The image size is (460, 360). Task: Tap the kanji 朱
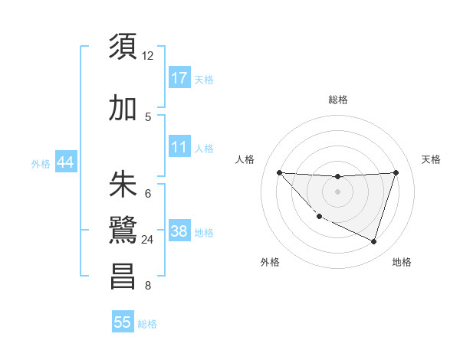123,186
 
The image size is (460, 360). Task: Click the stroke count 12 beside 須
148,56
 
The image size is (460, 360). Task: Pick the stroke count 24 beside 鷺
148,240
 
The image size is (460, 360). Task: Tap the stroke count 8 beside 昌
148,286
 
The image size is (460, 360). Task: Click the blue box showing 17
179,77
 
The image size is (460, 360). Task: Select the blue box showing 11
179,146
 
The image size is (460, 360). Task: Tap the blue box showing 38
179,231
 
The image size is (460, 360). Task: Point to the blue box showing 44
66,163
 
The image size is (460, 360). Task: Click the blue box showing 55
123,322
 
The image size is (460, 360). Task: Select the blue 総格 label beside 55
147,324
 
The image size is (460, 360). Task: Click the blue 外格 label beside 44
41,164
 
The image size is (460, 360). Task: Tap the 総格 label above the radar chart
337,100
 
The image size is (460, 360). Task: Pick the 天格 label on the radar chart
432,159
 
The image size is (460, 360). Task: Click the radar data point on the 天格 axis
396,172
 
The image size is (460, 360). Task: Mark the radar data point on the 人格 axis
279,172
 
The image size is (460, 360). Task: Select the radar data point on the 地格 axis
373,241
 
